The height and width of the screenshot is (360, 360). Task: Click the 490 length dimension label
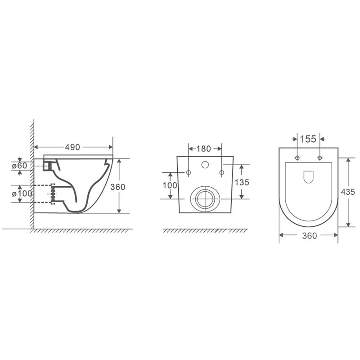coord(72,147)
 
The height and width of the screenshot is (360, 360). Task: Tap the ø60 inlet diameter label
coord(19,166)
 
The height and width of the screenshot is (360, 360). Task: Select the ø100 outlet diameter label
coord(22,193)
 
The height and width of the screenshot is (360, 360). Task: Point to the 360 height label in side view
coord(118,187)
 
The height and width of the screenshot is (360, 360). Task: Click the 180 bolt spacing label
coord(204,149)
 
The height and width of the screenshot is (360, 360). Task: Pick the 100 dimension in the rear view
coord(170,185)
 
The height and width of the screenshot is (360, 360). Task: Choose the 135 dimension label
coord(242,182)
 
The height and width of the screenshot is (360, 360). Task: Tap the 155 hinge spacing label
coord(308,139)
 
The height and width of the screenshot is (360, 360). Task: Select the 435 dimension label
coord(348,192)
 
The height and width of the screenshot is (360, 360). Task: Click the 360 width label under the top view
coord(310,236)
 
